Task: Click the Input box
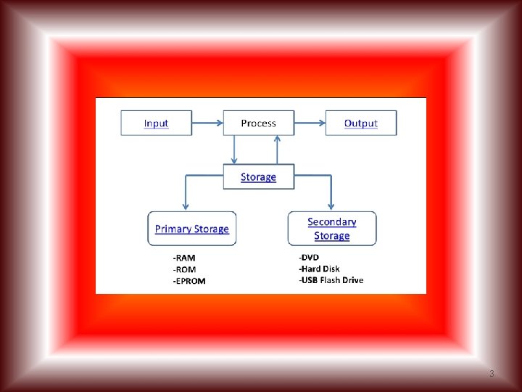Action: tap(156, 123)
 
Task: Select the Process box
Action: tap(259, 123)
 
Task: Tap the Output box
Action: tap(361, 123)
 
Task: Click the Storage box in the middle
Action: tap(259, 176)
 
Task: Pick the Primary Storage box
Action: tap(192, 229)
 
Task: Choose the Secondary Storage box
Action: tap(332, 229)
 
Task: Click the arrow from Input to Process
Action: tap(207, 123)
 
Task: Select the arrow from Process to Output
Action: tap(310, 123)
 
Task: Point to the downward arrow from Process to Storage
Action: tap(234, 150)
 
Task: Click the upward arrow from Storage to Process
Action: tap(277, 150)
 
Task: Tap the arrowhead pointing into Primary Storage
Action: tap(186, 206)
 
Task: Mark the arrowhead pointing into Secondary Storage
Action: tap(331, 206)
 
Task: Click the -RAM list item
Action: tap(183, 258)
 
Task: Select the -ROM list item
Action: tap(183, 269)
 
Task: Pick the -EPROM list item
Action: tap(188, 281)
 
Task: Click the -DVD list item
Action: tap(309, 257)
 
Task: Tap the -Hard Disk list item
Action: tap(319, 269)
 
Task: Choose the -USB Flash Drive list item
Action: tap(331, 280)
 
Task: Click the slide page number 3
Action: tap(492, 374)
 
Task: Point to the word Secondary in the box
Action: tap(332, 222)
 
